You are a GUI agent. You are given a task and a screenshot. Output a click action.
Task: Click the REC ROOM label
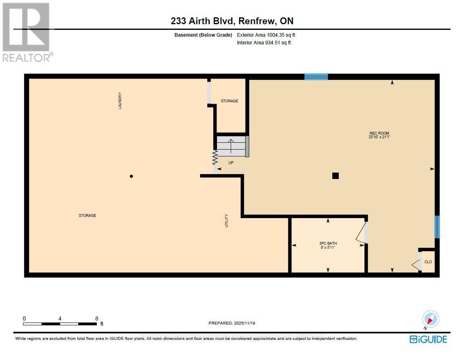tap(379, 133)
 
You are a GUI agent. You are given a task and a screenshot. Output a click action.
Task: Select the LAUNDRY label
tap(120, 101)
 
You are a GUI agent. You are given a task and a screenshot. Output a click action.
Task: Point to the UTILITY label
tap(227, 221)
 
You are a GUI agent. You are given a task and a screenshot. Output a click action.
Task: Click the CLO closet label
tap(428, 262)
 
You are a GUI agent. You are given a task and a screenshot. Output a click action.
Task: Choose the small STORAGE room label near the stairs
tap(229, 101)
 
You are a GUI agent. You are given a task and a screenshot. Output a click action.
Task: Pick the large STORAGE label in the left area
tap(87, 216)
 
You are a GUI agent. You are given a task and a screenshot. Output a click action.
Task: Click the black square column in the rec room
tap(335, 175)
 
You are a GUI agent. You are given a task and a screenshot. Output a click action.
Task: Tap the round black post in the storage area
tap(131, 176)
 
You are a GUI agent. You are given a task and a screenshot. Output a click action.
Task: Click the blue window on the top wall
tap(316, 77)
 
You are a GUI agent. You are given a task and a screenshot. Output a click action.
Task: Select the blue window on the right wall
tap(437, 227)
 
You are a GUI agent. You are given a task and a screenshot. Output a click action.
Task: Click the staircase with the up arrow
tap(231, 146)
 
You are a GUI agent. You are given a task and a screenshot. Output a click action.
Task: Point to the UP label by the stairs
tap(231, 163)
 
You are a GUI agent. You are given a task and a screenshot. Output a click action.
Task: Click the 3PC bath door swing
tap(362, 233)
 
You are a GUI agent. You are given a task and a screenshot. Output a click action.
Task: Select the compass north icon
tap(430, 319)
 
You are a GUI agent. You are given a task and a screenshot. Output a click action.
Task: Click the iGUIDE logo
tap(428, 339)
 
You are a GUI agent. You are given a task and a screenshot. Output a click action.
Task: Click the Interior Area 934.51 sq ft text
tap(264, 42)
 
